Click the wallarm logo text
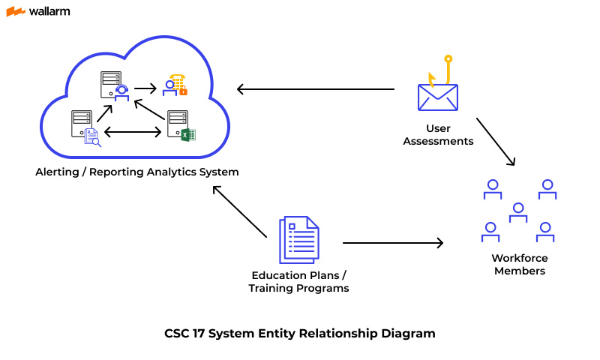point(49,11)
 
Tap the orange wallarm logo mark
point(15,11)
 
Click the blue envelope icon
point(438,97)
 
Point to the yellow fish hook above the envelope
point(445,69)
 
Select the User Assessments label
point(438,134)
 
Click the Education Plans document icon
point(298,239)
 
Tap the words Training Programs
point(298,288)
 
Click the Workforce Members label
point(519,264)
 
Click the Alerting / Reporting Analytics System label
point(137,172)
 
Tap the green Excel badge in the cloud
point(187,135)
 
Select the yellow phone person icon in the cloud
point(176,85)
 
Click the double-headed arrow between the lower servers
point(133,133)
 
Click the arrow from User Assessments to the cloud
point(315,89)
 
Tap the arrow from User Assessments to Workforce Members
point(495,140)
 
